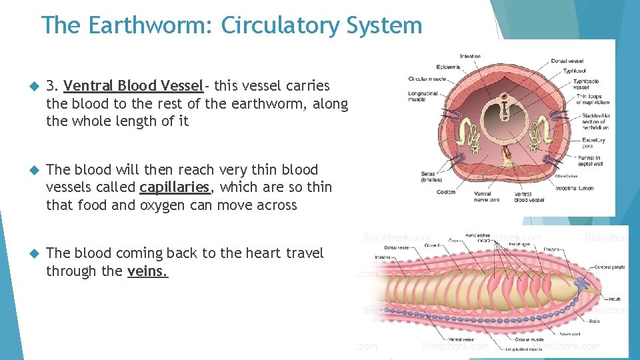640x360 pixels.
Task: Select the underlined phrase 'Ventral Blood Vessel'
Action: pos(133,86)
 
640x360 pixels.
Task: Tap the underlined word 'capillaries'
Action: pos(175,187)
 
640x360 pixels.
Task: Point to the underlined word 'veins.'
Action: pos(147,271)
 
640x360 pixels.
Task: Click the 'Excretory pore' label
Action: pos(593,143)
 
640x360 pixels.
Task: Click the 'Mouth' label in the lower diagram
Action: pos(614,299)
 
